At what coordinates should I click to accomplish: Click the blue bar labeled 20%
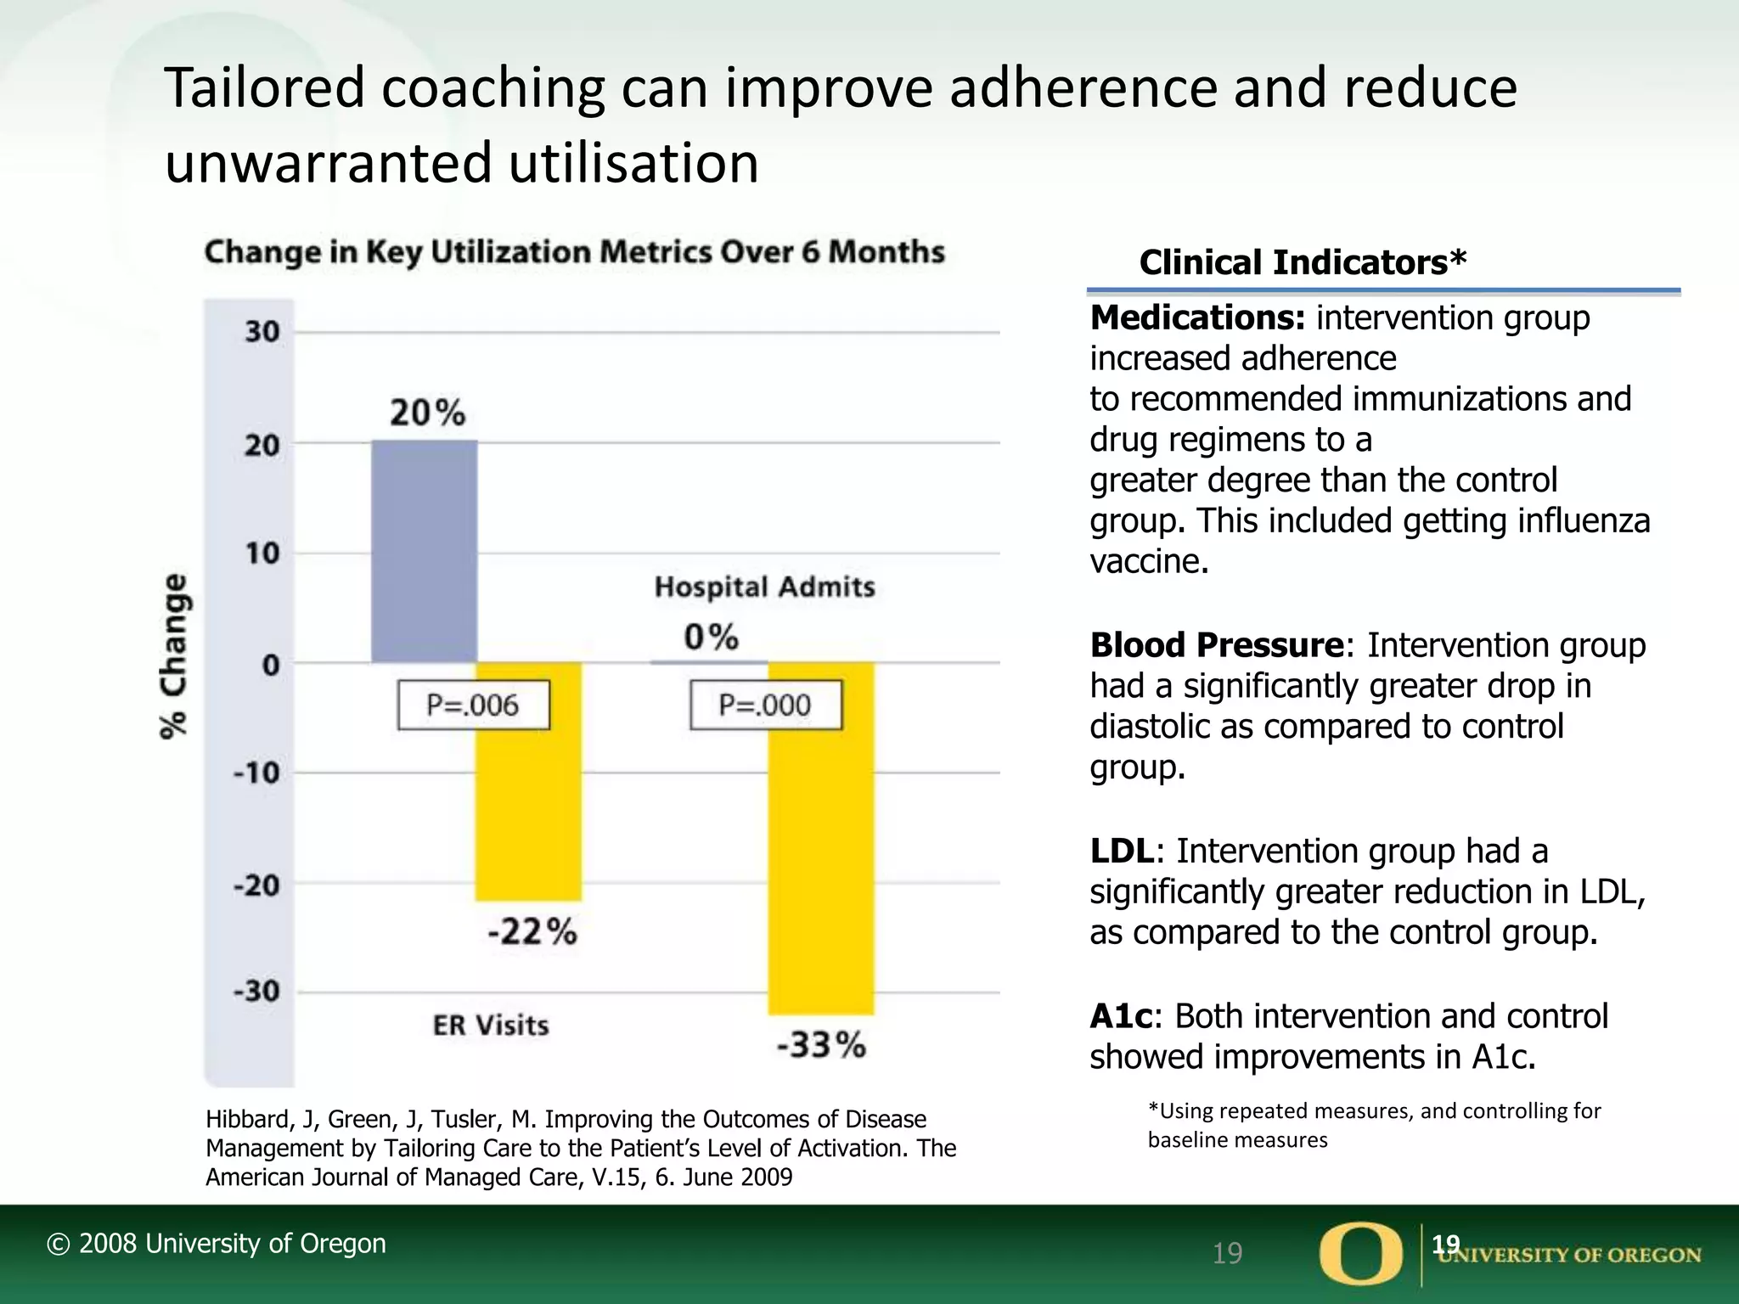425,552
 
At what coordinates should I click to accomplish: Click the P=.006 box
473,705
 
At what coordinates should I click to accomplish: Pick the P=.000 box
765,705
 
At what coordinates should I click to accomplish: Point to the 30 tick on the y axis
262,332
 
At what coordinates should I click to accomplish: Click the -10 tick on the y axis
256,773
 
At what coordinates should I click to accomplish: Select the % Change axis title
175,655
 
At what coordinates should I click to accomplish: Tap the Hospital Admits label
764,587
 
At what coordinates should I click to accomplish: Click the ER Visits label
491,1026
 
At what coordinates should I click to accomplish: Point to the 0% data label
712,637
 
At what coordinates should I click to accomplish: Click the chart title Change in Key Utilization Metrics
574,252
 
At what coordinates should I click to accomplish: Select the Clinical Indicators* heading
1302,262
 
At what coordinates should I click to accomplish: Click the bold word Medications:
1197,318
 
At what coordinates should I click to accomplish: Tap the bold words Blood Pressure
1216,645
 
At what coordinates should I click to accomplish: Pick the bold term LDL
1122,851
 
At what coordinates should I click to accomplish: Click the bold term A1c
1122,1016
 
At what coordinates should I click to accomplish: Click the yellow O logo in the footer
1360,1254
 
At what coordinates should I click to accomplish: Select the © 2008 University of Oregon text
216,1244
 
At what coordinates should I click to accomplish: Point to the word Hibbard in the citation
248,1120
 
